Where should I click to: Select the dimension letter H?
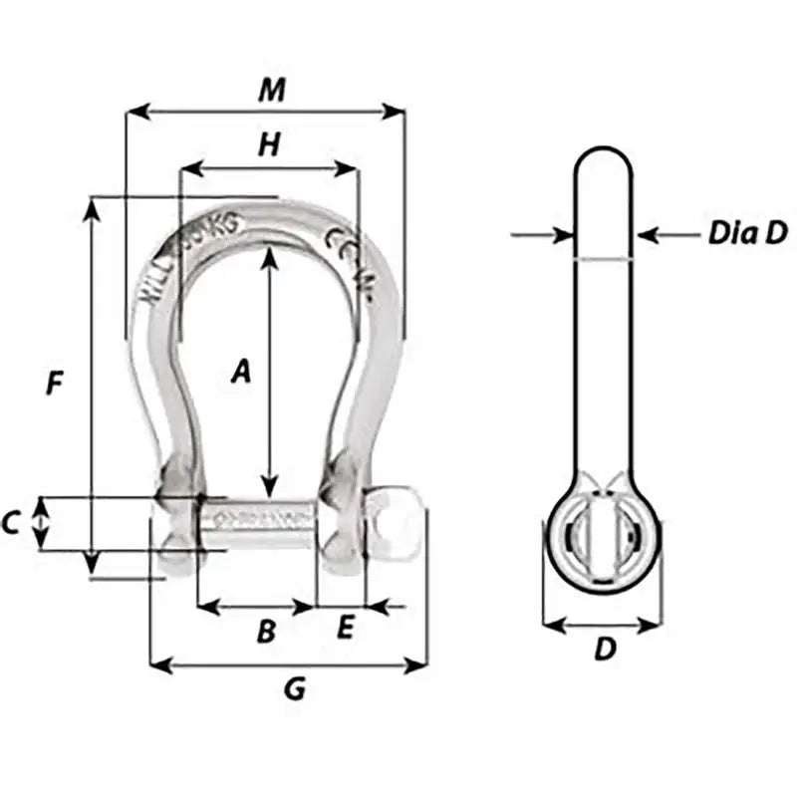pyautogui.click(x=268, y=145)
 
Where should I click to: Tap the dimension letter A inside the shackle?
pyautogui.click(x=240, y=372)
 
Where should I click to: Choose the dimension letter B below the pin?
pyautogui.click(x=266, y=631)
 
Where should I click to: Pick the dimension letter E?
pyautogui.click(x=345, y=628)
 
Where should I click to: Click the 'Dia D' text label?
pyautogui.click(x=747, y=234)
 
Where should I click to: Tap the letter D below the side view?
pyautogui.click(x=605, y=650)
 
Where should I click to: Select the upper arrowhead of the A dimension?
pyautogui.click(x=269, y=255)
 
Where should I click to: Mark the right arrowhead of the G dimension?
pyautogui.click(x=419, y=664)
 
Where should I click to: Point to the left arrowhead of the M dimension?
pyautogui.click(x=134, y=112)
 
